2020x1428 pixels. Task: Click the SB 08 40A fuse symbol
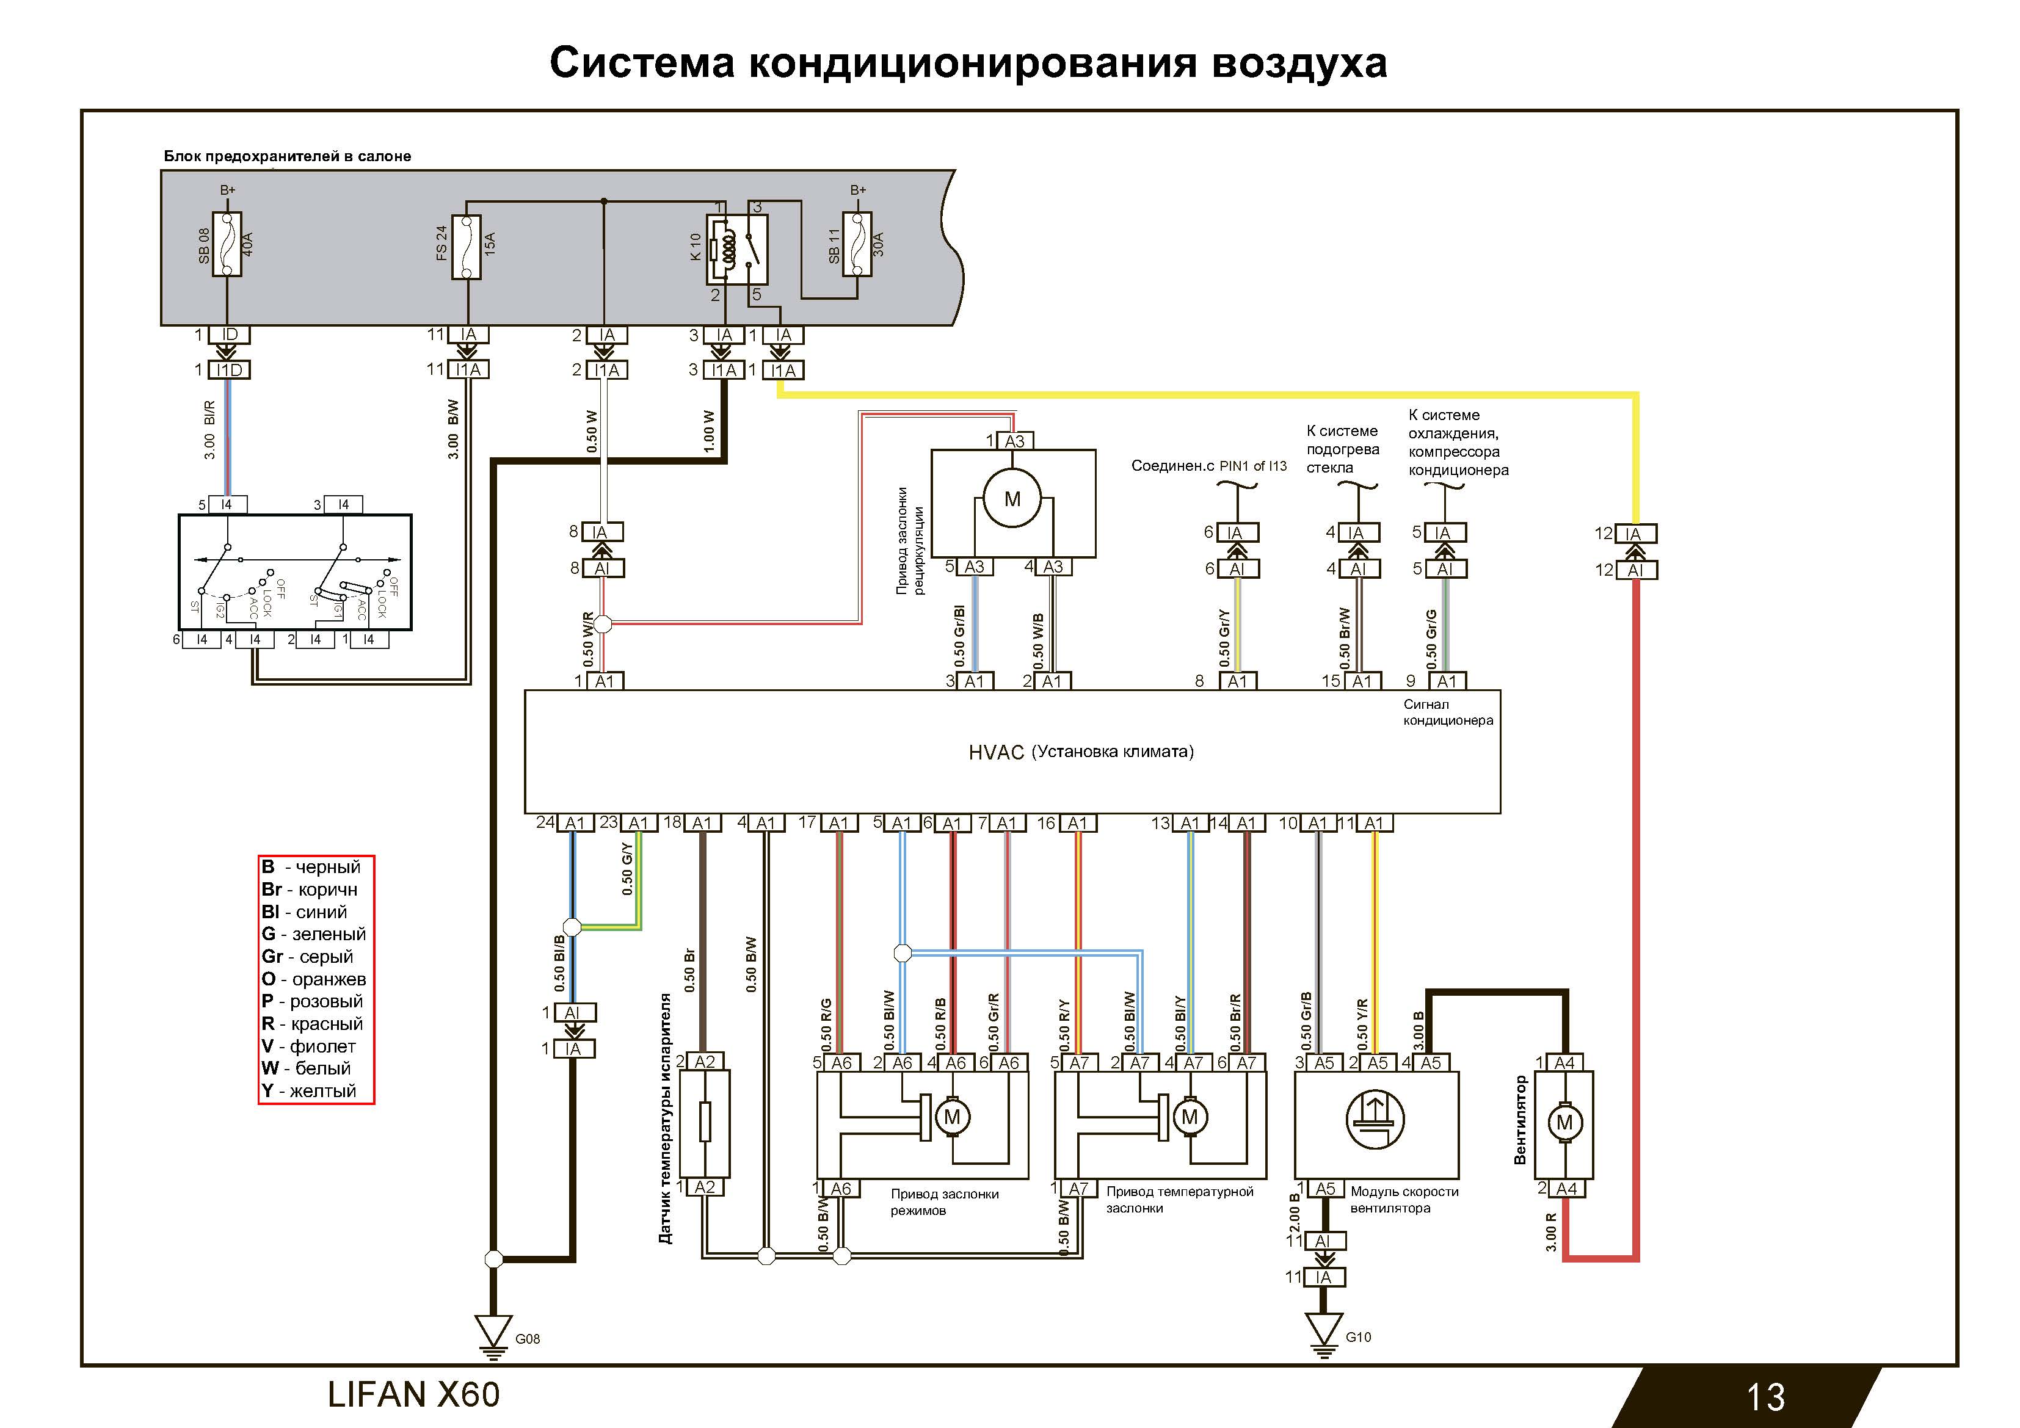tap(227, 244)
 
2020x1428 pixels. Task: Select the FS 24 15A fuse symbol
tap(467, 247)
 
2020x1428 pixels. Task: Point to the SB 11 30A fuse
tap(857, 244)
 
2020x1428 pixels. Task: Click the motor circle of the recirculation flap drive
tap(1012, 499)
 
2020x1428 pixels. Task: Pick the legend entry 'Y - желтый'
tap(309, 1091)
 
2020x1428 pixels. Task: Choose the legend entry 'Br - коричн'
tap(309, 890)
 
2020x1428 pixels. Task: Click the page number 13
tap(1765, 1397)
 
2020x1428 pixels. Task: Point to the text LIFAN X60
tap(413, 1394)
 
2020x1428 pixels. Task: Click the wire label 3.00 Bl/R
tap(209, 430)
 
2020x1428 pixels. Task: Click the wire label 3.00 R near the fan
tap(1550, 1232)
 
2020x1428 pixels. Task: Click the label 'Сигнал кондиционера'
tap(1447, 712)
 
